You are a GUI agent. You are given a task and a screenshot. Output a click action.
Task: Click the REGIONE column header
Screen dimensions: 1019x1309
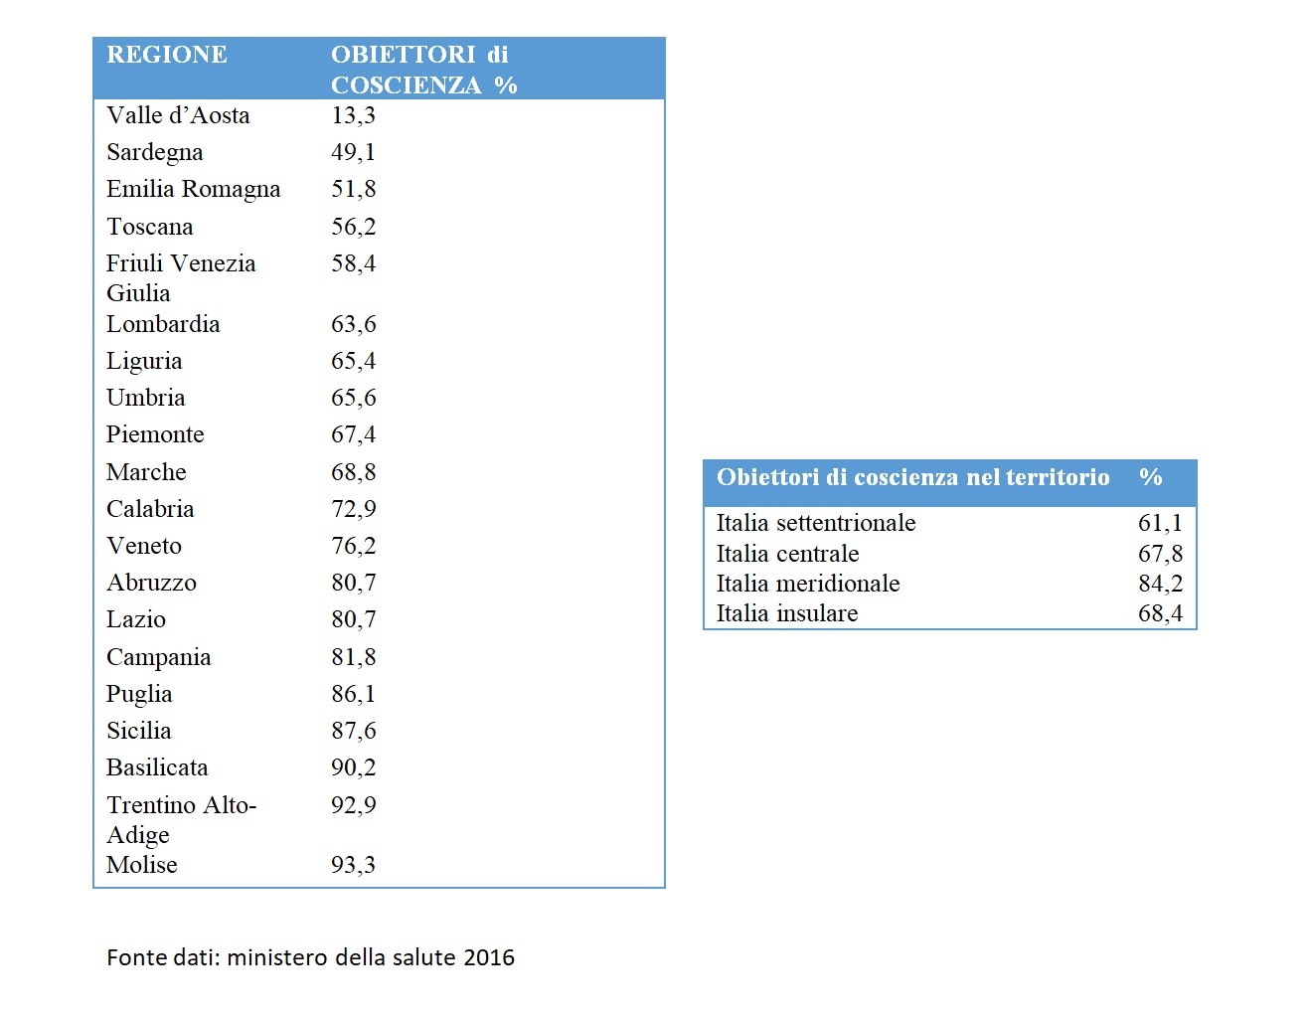(166, 55)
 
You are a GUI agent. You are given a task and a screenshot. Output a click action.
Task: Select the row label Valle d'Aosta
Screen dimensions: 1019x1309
(178, 115)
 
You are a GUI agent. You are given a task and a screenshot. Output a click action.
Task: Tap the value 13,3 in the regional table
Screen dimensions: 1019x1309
(353, 115)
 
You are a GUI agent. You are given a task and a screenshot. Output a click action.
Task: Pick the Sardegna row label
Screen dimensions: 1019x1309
(154, 152)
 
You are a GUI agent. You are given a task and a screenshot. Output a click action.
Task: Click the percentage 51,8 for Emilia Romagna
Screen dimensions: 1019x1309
(353, 189)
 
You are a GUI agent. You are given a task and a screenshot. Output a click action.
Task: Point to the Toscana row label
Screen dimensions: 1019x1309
(149, 227)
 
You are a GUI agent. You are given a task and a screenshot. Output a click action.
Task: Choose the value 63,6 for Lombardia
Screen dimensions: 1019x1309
(353, 324)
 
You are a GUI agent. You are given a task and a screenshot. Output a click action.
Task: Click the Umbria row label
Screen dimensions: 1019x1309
(145, 398)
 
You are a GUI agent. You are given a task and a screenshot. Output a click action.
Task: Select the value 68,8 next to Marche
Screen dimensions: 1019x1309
(353, 472)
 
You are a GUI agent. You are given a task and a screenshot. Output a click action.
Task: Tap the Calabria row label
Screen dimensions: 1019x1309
(150, 509)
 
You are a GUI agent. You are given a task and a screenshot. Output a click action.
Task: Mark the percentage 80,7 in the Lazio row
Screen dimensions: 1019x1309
(353, 619)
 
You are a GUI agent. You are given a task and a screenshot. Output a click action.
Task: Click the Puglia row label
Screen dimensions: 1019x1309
(139, 694)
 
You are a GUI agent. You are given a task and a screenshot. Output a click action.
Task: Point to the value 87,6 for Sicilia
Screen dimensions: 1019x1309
(353, 731)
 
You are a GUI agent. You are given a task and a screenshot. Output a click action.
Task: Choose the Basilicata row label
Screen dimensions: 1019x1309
(157, 767)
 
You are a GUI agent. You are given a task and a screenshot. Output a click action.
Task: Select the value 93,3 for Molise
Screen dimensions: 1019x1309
(353, 865)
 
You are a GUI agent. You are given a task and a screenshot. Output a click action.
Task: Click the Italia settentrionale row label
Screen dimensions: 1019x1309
(816, 523)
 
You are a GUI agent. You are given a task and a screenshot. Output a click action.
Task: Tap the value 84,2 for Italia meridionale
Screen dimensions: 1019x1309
(1160, 584)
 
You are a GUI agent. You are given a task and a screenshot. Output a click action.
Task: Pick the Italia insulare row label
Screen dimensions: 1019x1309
(787, 613)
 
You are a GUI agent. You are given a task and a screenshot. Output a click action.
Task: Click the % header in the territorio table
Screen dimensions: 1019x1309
(1151, 477)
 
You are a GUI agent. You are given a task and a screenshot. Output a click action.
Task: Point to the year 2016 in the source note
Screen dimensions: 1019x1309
(489, 957)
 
